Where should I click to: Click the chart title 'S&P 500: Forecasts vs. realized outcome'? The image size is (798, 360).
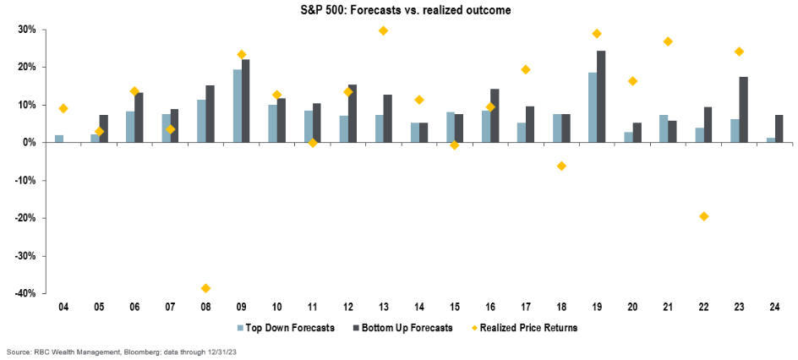[399, 9]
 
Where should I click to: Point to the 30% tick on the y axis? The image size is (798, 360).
[26, 30]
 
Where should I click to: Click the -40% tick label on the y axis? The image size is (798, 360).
[25, 293]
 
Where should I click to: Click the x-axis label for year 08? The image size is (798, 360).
[205, 306]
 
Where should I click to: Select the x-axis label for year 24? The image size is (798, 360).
[774, 306]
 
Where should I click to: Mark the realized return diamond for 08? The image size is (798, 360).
[205, 288]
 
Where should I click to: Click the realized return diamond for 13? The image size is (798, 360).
[383, 30]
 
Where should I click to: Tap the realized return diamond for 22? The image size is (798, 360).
[703, 216]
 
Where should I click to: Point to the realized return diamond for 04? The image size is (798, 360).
[63, 108]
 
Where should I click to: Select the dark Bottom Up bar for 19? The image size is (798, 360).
[601, 96]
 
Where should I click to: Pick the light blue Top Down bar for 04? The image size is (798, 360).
[59, 139]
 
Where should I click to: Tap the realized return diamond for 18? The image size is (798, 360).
[561, 166]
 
